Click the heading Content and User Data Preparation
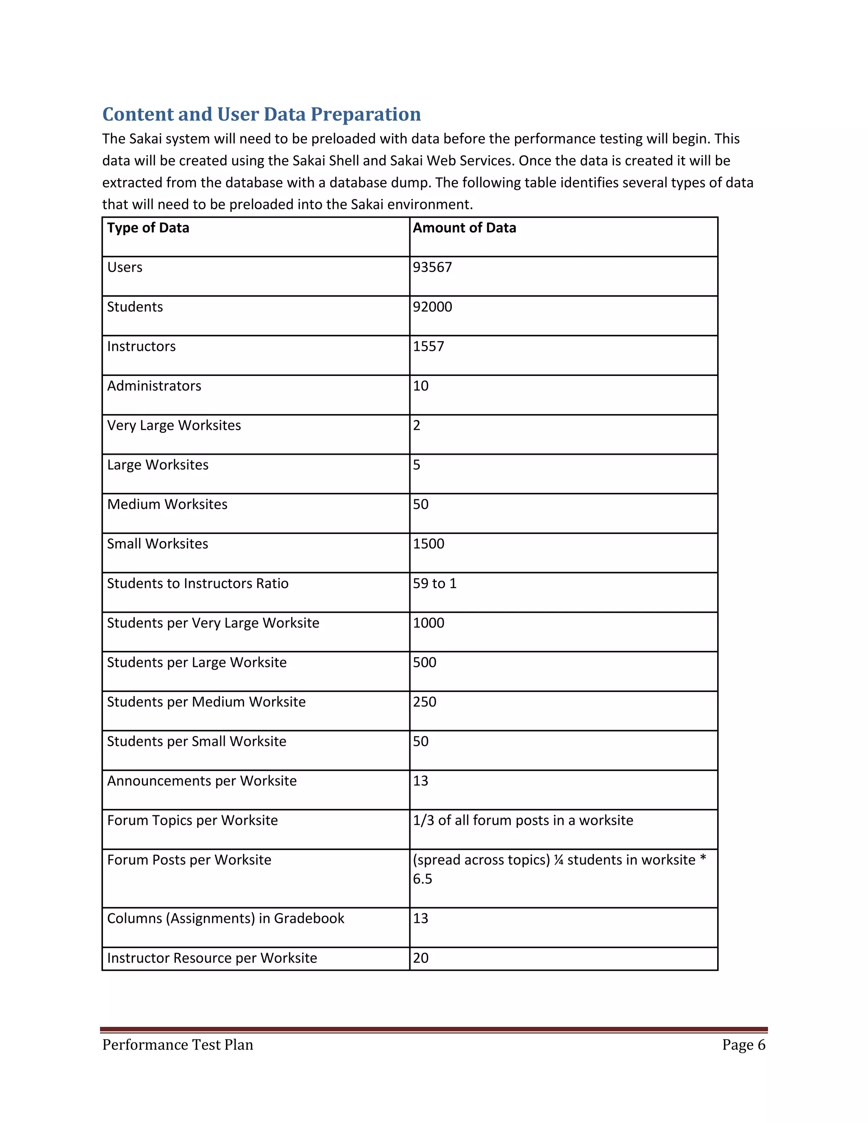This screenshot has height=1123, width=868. tap(261, 114)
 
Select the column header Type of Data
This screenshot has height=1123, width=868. tap(148, 228)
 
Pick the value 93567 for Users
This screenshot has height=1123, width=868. tap(432, 267)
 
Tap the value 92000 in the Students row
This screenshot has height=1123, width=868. tap(432, 307)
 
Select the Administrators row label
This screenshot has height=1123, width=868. tap(154, 386)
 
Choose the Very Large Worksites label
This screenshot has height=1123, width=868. tap(174, 426)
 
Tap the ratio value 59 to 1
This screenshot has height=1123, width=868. tap(434, 584)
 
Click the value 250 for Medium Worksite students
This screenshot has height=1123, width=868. tap(424, 702)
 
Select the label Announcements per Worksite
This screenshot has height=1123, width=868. tap(202, 781)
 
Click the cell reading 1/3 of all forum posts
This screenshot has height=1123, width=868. tap(523, 821)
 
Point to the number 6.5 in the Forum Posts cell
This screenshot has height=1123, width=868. tap(422, 879)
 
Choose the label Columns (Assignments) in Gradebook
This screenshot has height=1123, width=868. tap(225, 919)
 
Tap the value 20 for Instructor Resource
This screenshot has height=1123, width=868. tap(420, 959)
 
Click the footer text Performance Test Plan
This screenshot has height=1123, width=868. tap(178, 1045)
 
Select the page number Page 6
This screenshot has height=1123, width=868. tap(743, 1045)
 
